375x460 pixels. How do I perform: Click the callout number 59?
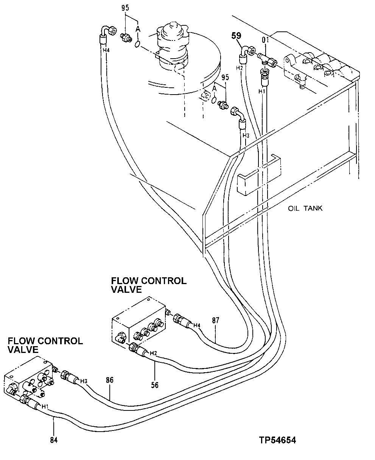click(236, 36)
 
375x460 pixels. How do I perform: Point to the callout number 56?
click(155, 385)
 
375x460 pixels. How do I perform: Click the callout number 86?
click(110, 380)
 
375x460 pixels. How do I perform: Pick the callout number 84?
click(54, 440)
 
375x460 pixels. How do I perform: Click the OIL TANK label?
click(305, 208)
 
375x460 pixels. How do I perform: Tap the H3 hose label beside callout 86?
click(84, 381)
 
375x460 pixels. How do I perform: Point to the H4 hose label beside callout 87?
click(197, 325)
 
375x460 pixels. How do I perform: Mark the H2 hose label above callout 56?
click(153, 353)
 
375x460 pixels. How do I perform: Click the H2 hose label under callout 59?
click(239, 68)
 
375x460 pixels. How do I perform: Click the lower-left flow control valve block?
click(28, 378)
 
